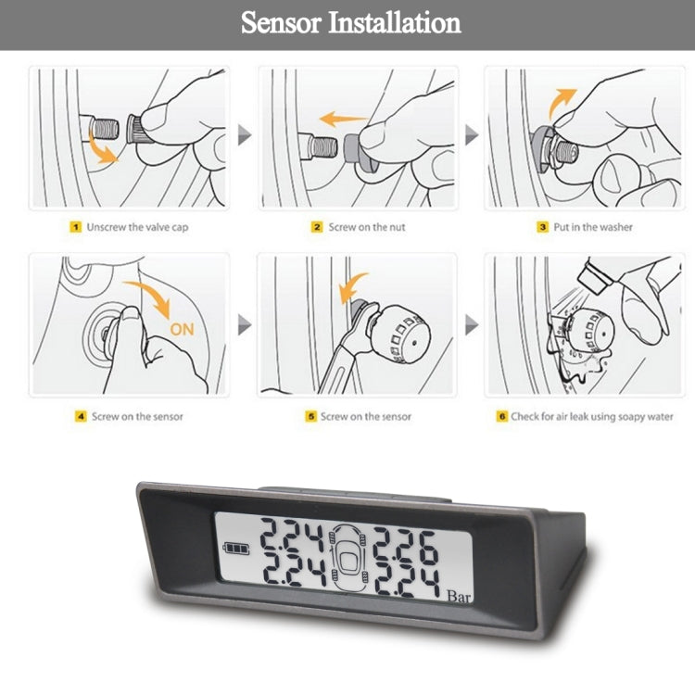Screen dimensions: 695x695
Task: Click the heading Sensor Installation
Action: [x=350, y=23]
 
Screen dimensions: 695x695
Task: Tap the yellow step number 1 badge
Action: [x=77, y=226]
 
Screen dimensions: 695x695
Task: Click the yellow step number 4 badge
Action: [x=81, y=416]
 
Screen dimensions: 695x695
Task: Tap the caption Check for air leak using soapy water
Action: [x=592, y=416]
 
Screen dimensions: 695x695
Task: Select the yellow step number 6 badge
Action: [x=501, y=416]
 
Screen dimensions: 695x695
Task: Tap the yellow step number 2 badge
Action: [x=316, y=227]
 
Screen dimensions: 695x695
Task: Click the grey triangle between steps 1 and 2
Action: [x=245, y=137]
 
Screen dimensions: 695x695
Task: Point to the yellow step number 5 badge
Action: [x=311, y=416]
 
